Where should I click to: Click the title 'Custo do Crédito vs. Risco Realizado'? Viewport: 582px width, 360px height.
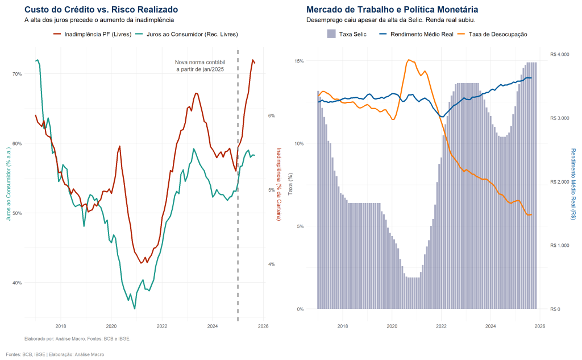point(101,10)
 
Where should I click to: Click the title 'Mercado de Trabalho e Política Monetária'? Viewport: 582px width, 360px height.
point(392,10)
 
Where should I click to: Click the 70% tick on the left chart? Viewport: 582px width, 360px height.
point(16,74)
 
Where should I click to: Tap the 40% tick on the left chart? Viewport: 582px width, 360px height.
point(16,283)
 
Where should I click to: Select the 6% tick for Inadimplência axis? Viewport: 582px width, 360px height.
point(272,115)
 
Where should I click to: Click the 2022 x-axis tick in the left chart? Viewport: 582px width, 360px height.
point(162,326)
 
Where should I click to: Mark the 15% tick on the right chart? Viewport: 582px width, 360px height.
point(298,61)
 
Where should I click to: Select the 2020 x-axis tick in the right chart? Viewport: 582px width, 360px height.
point(392,326)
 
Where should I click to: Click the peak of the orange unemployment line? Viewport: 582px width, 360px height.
point(408,60)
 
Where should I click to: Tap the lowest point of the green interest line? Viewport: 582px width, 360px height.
point(135,308)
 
